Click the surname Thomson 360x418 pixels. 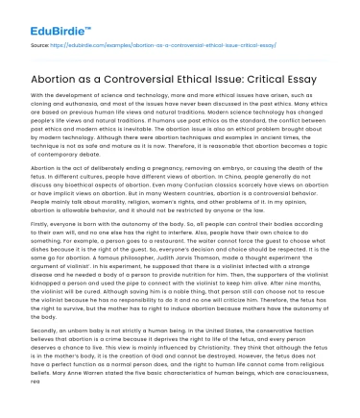pos(218,257)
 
